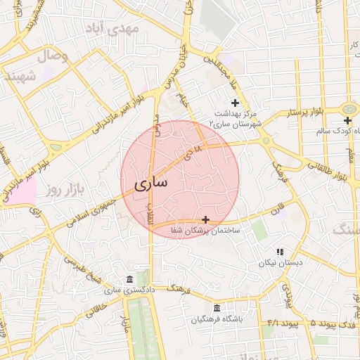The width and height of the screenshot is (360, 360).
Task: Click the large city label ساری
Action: pyautogui.click(x=150, y=184)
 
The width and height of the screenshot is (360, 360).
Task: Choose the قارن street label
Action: pyautogui.click(x=280, y=209)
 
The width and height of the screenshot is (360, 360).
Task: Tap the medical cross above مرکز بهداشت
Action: pyautogui.click(x=235, y=103)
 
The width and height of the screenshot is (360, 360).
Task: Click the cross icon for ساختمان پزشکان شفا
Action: pyautogui.click(x=205, y=220)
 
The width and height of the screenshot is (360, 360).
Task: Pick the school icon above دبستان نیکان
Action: pyautogui.click(x=279, y=252)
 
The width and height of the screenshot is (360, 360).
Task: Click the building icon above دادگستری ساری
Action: pyautogui.click(x=129, y=280)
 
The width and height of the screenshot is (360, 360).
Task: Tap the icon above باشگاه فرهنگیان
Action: pyautogui.click(x=216, y=308)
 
